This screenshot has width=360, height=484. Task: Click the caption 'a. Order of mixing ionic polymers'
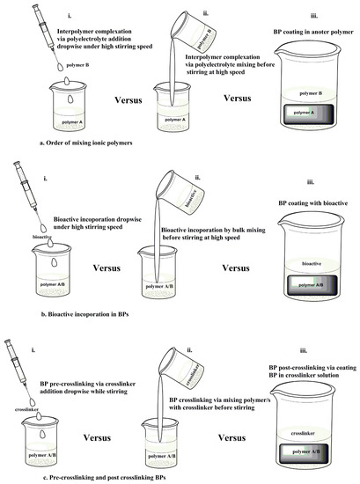[86, 143]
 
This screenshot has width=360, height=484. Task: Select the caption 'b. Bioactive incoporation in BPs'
[84, 314]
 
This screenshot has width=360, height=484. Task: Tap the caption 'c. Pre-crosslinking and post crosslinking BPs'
[105, 477]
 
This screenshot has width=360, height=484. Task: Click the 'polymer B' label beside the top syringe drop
[77, 65]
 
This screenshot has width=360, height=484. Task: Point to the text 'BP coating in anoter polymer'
[313, 32]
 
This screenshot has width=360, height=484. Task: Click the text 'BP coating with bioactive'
[312, 203]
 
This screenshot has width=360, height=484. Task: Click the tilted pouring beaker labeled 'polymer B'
[194, 32]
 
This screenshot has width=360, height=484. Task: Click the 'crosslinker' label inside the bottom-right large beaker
[303, 433]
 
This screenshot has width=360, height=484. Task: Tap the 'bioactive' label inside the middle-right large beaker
[312, 264]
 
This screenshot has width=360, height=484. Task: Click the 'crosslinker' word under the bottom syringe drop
[27, 409]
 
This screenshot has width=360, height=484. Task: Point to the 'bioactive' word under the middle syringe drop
[42, 237]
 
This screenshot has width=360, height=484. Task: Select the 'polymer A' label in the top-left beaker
[72, 122]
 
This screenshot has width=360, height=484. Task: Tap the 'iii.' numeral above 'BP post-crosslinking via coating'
[303, 350]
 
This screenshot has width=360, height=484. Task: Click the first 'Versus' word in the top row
[129, 100]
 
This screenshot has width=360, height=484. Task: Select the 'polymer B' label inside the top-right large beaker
[311, 93]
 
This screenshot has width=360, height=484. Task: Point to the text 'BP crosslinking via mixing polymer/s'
[219, 400]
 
